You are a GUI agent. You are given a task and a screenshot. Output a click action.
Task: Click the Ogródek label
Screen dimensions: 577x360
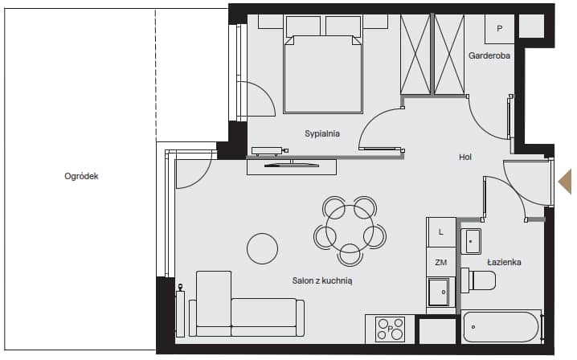pos(81,176)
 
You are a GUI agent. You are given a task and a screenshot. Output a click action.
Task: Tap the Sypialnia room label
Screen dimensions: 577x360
pos(322,133)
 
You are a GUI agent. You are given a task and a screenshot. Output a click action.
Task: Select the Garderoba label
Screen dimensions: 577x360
pos(489,55)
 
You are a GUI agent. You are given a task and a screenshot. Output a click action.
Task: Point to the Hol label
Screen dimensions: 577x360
pos(465,157)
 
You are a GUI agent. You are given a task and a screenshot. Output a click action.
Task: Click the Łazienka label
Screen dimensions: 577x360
pos(504,262)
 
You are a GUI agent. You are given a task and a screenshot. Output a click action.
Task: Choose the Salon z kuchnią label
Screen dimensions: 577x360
pos(322,281)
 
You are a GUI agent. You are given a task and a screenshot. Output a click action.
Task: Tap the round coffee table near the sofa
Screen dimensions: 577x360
pos(262,248)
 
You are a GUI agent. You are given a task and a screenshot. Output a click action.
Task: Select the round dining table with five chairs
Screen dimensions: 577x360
pos(350,231)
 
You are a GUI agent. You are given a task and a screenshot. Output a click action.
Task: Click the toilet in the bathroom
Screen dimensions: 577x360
pos(478,280)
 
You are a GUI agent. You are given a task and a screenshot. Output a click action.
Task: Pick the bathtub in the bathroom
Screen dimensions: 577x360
pos(502,327)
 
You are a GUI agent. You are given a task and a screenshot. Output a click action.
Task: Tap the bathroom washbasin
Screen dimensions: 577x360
pos(471,241)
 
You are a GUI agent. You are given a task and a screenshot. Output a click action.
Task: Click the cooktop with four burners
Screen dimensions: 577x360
pos(390,329)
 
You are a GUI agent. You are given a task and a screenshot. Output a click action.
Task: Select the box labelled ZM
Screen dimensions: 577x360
pos(441,263)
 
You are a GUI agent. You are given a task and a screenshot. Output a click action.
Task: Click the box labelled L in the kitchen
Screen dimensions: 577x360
pos(441,232)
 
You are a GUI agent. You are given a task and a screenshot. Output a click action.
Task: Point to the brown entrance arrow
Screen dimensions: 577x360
pos(565,182)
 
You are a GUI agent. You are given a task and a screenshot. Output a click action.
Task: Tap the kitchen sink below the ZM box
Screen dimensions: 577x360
pos(439,292)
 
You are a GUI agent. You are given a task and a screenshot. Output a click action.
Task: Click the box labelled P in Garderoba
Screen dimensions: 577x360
pos(499,29)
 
